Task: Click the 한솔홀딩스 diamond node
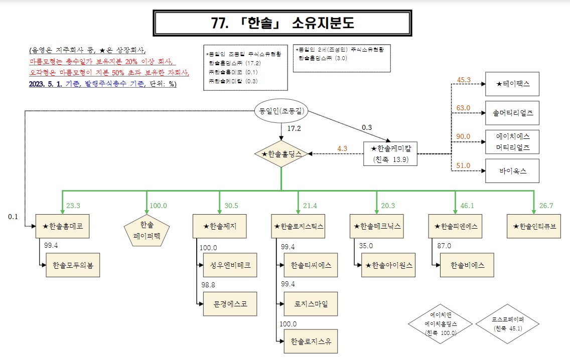[281, 153]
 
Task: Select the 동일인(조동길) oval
[281, 111]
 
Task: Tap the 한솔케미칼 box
[390, 153]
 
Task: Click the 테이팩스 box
[512, 84]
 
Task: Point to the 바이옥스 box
[512, 171]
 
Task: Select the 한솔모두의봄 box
[73, 265]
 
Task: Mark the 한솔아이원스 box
[389, 265]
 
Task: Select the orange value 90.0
[463, 136]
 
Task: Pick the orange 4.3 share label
[343, 148]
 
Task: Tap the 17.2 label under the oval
[294, 128]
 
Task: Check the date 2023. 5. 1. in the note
[45, 84]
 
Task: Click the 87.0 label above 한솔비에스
[444, 246]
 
